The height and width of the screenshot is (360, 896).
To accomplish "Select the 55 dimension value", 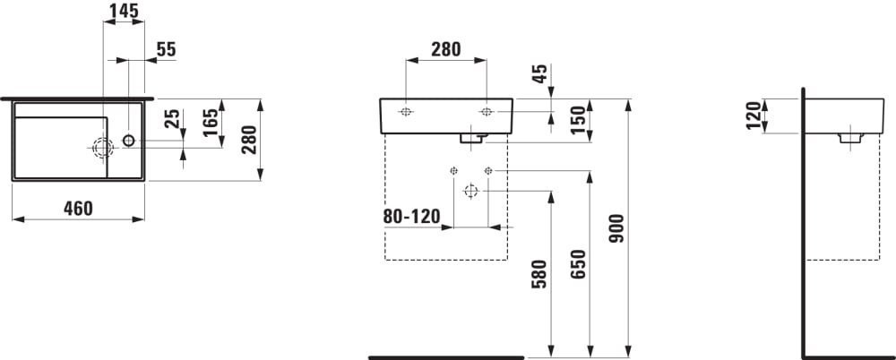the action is (166, 50).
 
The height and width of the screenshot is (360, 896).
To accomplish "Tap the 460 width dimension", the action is (77, 209).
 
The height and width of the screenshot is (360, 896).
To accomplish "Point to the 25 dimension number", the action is (176, 118).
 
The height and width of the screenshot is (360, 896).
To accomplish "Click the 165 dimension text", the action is (211, 123).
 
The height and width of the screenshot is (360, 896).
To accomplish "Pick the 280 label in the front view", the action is (445, 50).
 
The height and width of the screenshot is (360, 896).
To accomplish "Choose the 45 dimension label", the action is (540, 73).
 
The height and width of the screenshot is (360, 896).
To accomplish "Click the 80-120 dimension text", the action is (412, 217).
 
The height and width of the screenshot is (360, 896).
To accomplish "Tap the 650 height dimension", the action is (578, 265).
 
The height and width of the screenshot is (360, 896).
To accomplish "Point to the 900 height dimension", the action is (617, 229).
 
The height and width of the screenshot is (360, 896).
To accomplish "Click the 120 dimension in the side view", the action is (754, 116).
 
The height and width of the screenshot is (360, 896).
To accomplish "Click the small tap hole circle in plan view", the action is (128, 140).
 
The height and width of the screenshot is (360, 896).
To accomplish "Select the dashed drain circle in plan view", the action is (103, 148).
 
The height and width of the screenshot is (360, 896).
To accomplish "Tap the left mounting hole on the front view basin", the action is (406, 111).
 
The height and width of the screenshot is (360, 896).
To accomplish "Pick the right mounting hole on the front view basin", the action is (487, 111).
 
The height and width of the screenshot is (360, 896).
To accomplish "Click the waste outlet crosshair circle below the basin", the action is (470, 191).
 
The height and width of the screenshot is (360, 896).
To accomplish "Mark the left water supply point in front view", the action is (453, 170).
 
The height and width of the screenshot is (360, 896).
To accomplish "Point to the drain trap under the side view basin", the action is (850, 138).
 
